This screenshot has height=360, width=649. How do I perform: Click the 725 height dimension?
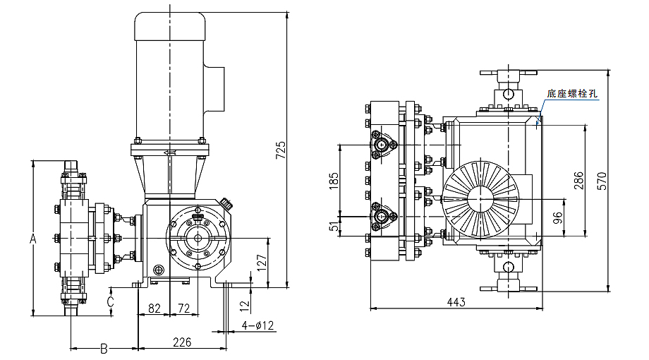pos(280,150)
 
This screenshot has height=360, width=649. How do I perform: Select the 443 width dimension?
pos(456,302)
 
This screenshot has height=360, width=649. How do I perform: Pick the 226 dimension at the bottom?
pos(182,342)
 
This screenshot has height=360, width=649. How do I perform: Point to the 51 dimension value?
pos(334,225)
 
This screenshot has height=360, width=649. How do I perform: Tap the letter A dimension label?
pos(32,239)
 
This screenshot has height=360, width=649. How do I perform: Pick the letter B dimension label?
pos(103,348)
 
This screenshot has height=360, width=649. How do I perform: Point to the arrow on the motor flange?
pos(169,152)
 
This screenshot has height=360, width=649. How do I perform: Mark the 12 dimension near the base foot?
pos(244,306)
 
